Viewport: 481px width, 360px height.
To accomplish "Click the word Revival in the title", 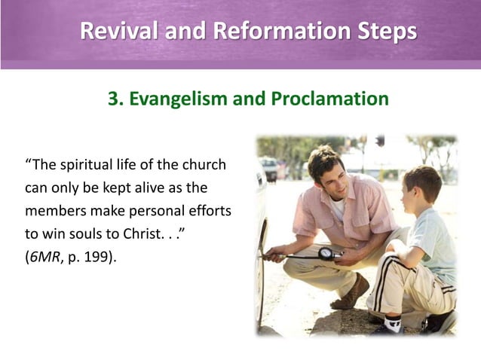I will (x=119, y=32).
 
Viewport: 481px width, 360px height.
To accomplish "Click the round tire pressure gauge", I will (x=327, y=254).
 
